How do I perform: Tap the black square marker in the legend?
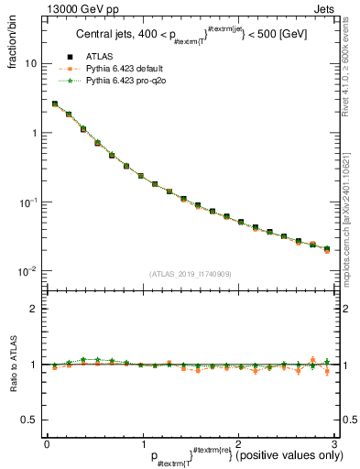point(71,82)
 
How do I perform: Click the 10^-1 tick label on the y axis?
point(28,202)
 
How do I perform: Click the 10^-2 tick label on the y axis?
point(28,271)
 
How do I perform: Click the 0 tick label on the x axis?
point(47,442)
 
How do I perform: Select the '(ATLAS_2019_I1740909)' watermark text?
point(190,274)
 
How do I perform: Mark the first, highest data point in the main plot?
point(55,104)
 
